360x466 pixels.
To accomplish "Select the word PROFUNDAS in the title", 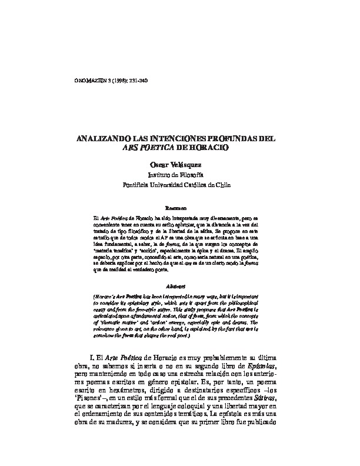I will pyautogui.click(x=240, y=139).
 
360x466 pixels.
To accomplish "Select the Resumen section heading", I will pyautogui.click(x=176, y=208).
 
